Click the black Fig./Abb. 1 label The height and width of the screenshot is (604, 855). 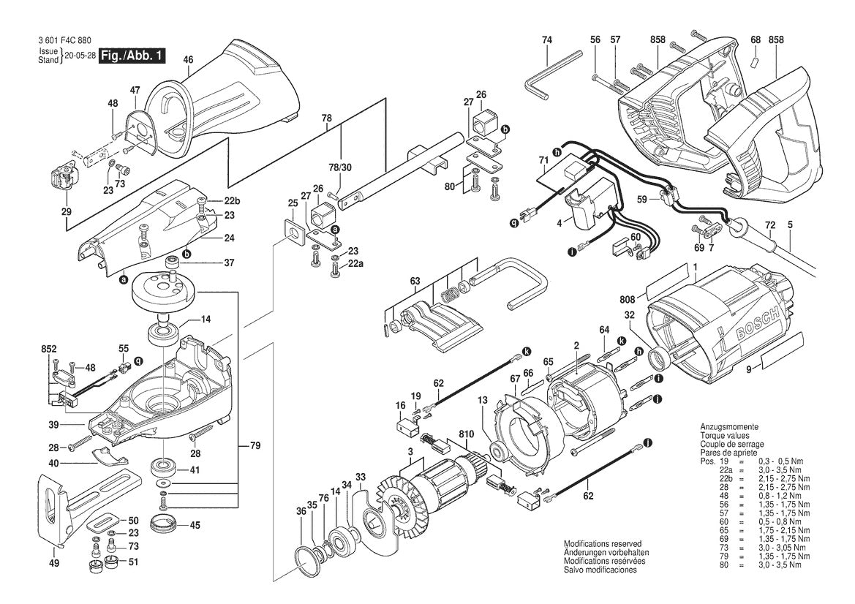tap(132, 56)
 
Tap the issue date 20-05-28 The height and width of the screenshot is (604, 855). tap(80, 56)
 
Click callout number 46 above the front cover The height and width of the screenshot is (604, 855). tap(188, 59)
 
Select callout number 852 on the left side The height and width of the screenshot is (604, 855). tap(49, 350)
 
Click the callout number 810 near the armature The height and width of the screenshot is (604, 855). tap(465, 434)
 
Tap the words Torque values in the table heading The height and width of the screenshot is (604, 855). tap(726, 435)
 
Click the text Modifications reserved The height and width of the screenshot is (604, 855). tap(602, 544)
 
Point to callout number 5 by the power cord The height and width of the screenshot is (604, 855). tap(789, 226)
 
